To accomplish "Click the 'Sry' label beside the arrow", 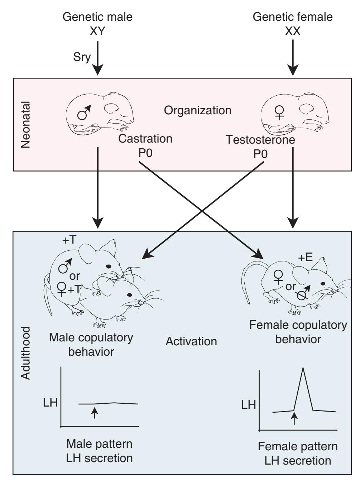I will (x=82, y=57).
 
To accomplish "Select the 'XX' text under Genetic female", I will (x=293, y=31).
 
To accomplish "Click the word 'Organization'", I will (x=198, y=110).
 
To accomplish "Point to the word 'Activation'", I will (x=191, y=341).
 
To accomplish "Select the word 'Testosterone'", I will (x=260, y=140).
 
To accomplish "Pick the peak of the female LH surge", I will (x=303, y=369).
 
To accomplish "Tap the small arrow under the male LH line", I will (x=94, y=413).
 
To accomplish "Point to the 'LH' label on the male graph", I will (x=50, y=403).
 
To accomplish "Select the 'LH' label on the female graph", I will (x=248, y=405).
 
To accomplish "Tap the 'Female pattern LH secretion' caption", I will (x=298, y=453).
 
